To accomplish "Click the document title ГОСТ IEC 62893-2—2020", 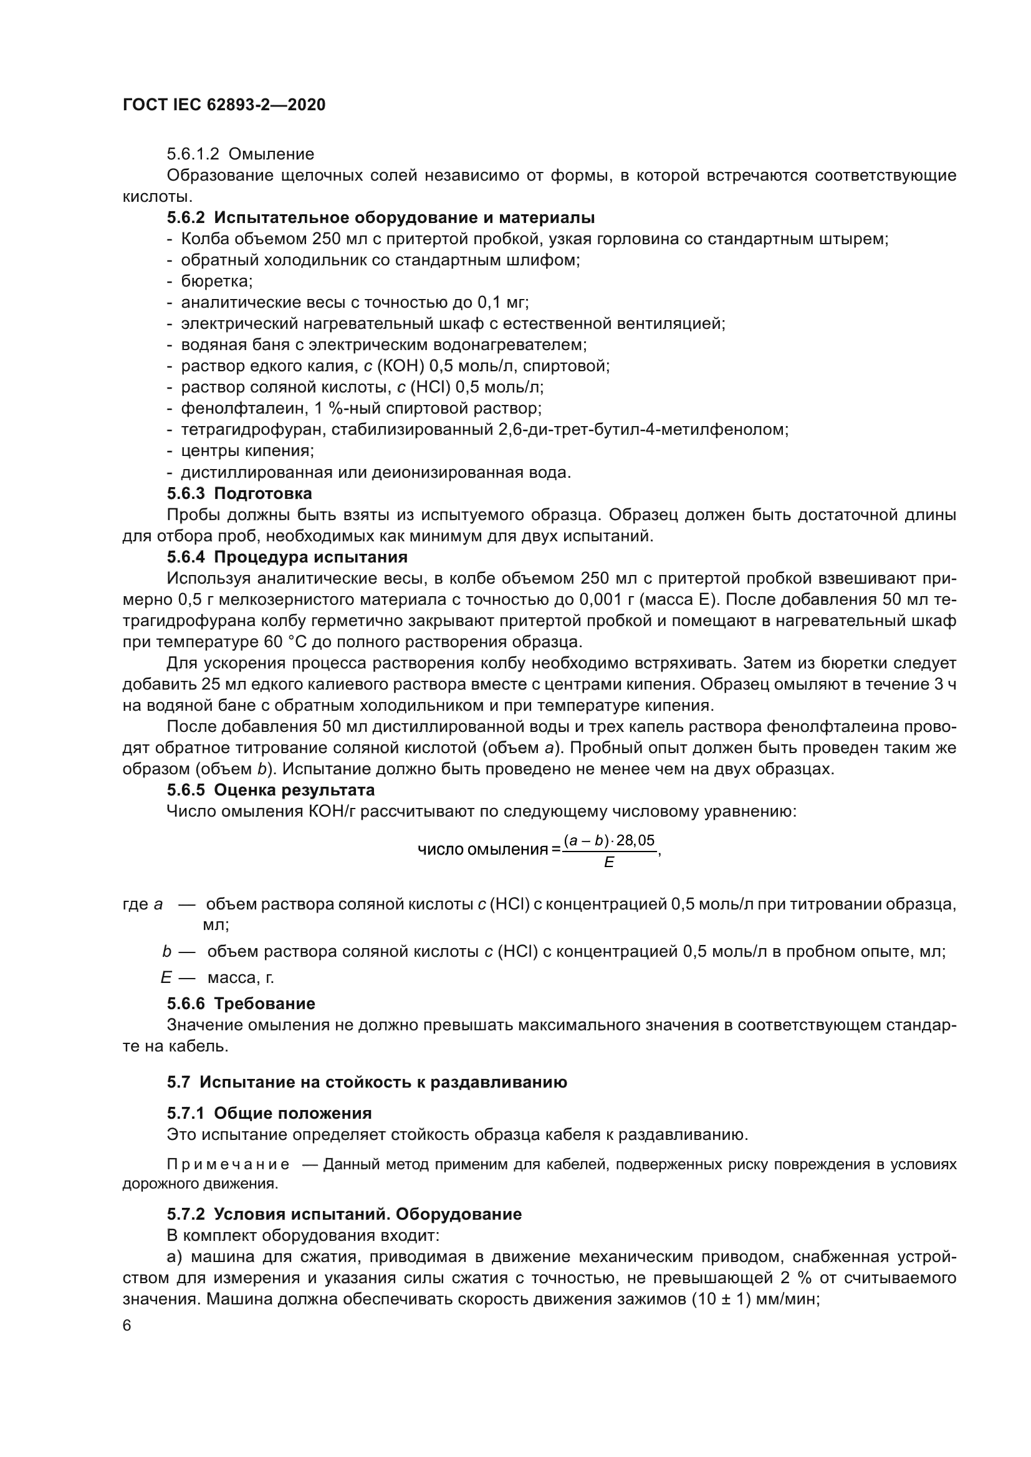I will tap(224, 105).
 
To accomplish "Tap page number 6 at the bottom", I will tap(127, 1326).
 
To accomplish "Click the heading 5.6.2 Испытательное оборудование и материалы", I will tap(381, 217).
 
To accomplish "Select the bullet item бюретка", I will tap(216, 281).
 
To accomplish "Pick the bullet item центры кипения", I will tap(247, 450).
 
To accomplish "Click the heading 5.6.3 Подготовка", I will tap(239, 493).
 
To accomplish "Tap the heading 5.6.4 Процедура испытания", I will tap(287, 557).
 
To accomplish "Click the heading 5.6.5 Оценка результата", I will tap(271, 790).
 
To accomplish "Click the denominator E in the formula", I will tap(609, 863).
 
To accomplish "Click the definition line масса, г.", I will tap(241, 977).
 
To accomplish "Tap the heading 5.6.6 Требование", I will tap(241, 1004).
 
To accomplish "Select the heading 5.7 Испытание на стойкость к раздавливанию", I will tap(367, 1082).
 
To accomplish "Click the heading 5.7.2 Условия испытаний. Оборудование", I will tap(344, 1214).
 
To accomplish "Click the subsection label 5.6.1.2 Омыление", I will tap(241, 154).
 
